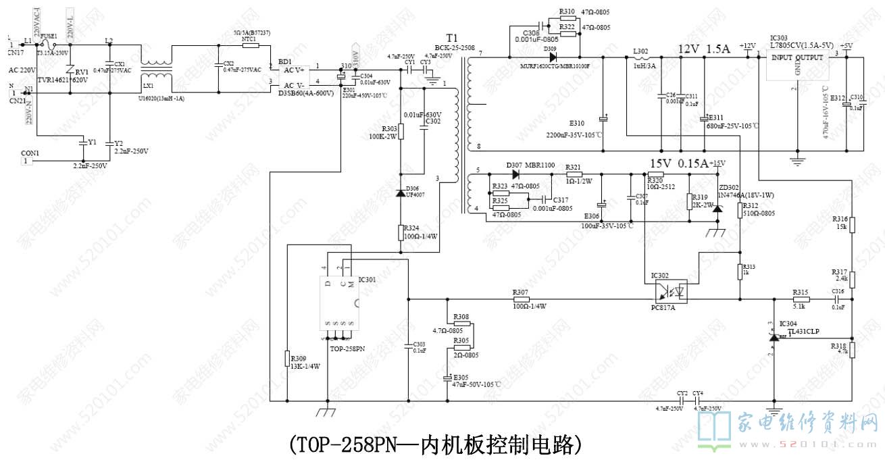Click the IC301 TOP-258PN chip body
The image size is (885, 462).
(338, 305)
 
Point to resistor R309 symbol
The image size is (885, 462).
(287, 359)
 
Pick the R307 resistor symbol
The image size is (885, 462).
(520, 298)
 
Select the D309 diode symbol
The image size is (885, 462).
(553, 57)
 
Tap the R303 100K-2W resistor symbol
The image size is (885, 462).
(400, 130)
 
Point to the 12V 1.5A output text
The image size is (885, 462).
(704, 49)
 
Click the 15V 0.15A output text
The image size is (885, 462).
(678, 163)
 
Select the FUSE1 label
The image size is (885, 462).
(49, 35)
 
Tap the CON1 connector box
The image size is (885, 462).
(26, 161)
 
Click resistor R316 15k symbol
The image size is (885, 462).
(853, 224)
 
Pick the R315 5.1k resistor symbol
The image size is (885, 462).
(801, 298)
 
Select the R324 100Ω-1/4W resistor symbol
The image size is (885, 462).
(400, 233)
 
